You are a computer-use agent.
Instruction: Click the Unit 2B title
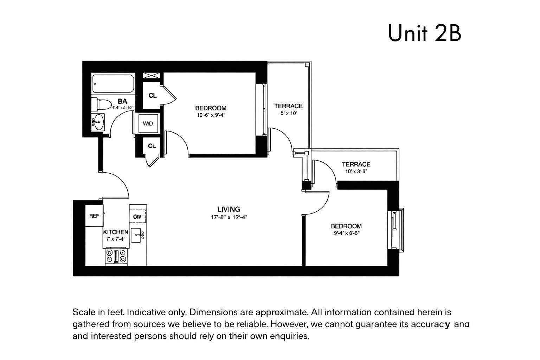tap(424, 33)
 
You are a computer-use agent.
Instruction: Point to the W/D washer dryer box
tap(148, 124)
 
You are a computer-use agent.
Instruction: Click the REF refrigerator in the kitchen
tap(94, 216)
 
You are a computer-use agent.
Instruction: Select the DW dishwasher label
tap(137, 217)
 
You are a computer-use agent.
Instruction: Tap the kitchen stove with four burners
tap(116, 256)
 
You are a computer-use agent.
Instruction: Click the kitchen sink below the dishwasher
tap(137, 235)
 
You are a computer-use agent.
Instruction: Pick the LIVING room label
tap(229, 209)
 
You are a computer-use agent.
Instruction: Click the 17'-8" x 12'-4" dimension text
tap(229, 217)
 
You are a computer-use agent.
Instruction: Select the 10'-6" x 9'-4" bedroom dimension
tap(211, 115)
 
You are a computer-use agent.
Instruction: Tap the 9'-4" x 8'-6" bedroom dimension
tap(347, 233)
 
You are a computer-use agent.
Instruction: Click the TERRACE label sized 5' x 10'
tap(288, 106)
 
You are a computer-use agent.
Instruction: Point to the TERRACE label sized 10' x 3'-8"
tap(356, 164)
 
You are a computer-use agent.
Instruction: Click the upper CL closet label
tap(153, 96)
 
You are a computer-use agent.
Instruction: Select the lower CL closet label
tap(152, 146)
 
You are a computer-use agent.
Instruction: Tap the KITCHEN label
tap(115, 232)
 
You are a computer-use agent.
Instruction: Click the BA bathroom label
tap(122, 101)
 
